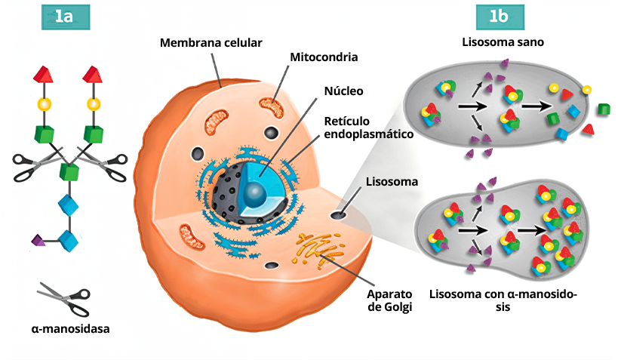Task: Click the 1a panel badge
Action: [x=64, y=17]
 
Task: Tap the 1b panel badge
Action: [x=500, y=17]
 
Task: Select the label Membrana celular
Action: [x=211, y=42]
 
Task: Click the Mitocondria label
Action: [x=324, y=57]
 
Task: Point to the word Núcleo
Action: [x=343, y=91]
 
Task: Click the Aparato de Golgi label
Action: [x=389, y=300]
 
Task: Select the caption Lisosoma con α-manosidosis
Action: [x=503, y=301]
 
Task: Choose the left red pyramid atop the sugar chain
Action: [x=44, y=75]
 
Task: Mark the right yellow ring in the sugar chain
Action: [x=94, y=104]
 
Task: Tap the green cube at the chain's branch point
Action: [x=69, y=170]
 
